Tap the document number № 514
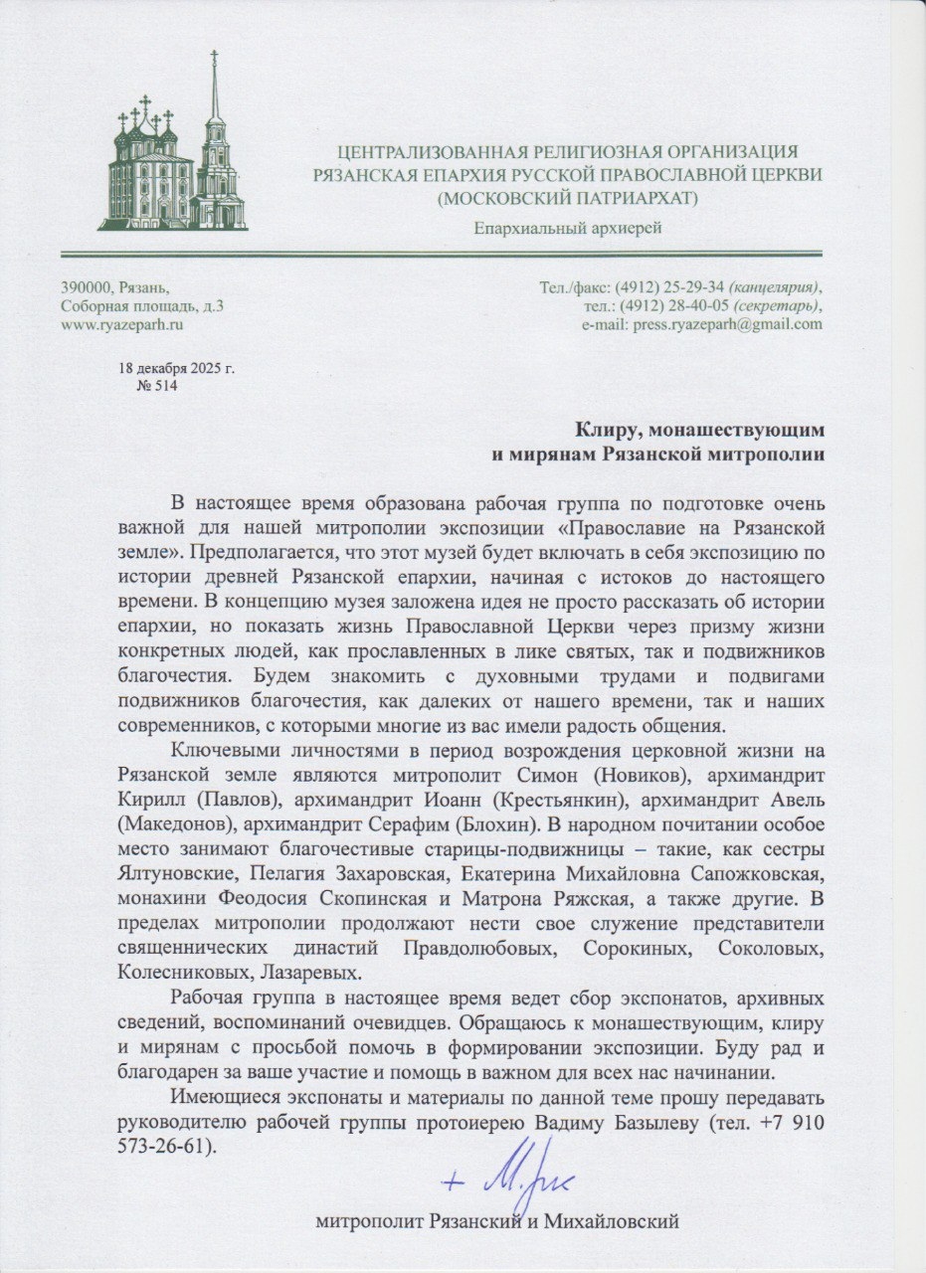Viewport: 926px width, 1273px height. pyautogui.click(x=155, y=386)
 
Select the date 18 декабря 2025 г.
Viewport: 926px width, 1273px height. pyautogui.click(x=177, y=368)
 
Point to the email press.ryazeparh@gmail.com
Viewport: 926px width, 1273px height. pyautogui.click(x=729, y=323)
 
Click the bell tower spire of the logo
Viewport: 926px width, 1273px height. pyautogui.click(x=214, y=85)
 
